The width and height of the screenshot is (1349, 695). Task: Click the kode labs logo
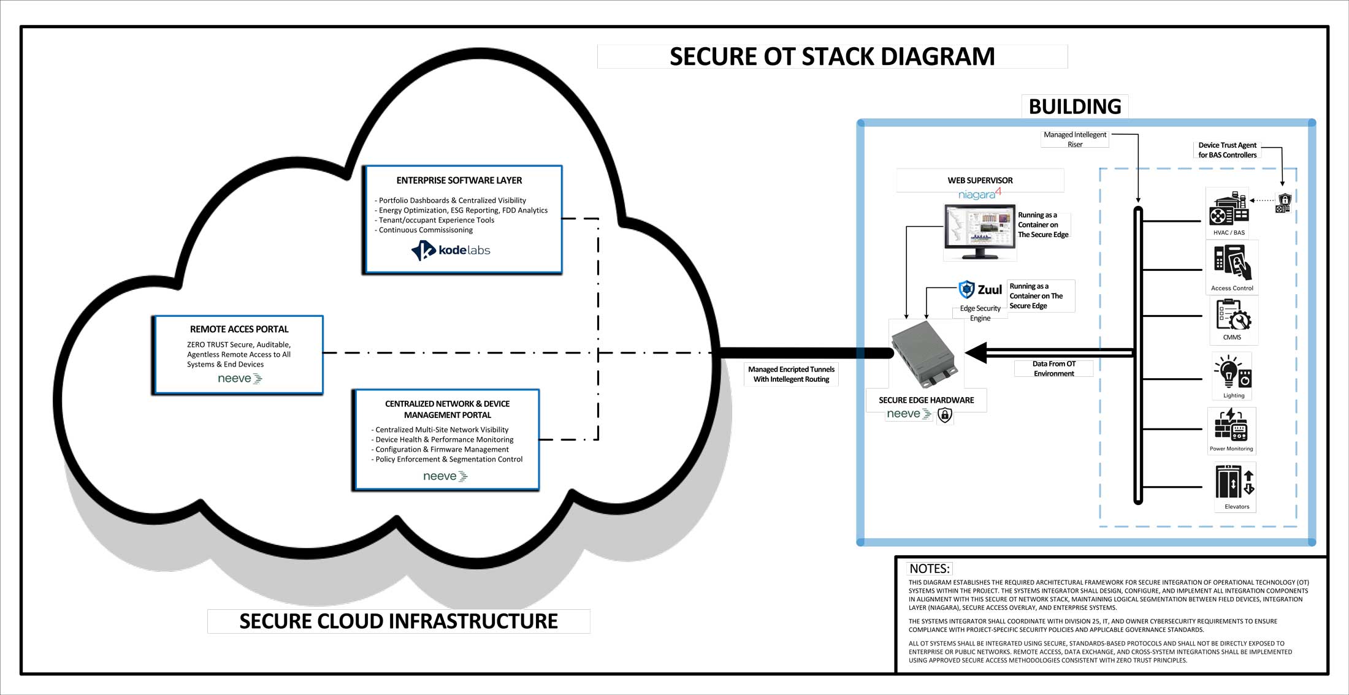[451, 250]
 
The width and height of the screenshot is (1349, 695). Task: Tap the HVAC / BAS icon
[1229, 208]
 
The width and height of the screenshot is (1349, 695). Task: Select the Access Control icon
[1232, 263]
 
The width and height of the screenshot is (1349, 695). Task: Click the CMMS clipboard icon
[1232, 315]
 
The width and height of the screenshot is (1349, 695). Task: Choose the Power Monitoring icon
[1231, 425]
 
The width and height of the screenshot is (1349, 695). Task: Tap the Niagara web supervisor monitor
[980, 232]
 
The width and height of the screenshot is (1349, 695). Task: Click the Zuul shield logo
[967, 289]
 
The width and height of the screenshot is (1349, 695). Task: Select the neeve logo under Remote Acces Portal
[240, 379]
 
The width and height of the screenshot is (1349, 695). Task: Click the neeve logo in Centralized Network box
[445, 476]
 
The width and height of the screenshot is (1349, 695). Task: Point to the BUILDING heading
[1074, 107]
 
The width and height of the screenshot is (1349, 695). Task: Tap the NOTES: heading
[929, 569]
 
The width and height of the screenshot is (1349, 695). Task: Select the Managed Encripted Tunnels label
[791, 374]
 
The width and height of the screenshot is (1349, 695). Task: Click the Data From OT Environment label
[1053, 368]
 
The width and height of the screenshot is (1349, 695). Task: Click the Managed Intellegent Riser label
[1075, 139]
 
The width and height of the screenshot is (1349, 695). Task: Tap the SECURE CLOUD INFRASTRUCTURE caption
[399, 621]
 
